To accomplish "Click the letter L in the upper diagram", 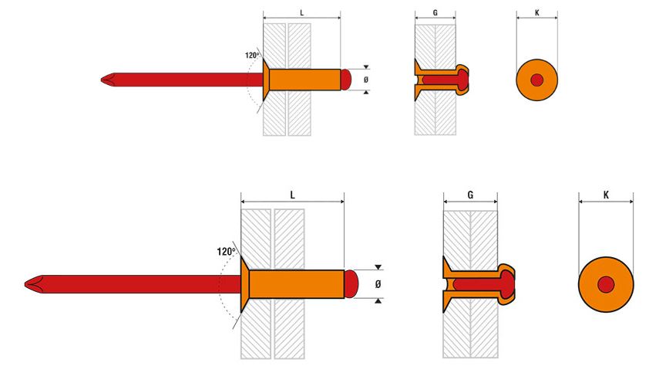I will tap(301, 13).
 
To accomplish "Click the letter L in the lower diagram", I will tap(292, 196).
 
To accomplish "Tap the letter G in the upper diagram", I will tap(435, 13).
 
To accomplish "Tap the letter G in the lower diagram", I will tap(470, 196).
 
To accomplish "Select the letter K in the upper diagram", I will tap(536, 13).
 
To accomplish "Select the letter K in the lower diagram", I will tap(606, 196).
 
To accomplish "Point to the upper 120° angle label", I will tap(252, 56).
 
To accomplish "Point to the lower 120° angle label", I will tap(228, 251).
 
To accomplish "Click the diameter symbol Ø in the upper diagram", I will tap(366, 79).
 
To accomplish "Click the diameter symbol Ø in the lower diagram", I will tap(378, 284).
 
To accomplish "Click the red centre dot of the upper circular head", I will tap(536, 80).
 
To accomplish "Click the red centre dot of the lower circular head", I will tap(606, 284).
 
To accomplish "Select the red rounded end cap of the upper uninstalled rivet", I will tap(346, 79).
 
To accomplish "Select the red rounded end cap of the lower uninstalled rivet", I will tap(351, 284).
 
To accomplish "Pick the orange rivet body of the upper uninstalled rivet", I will tap(303, 79).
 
